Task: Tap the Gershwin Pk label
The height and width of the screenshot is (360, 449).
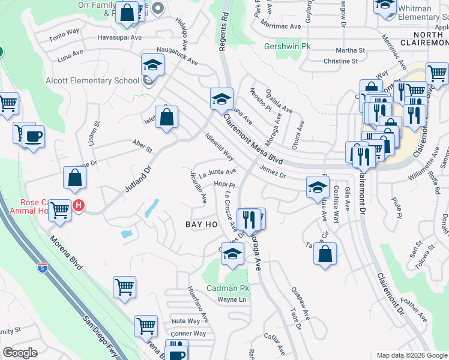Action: click(x=289, y=46)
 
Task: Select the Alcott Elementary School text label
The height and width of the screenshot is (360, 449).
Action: click(x=92, y=81)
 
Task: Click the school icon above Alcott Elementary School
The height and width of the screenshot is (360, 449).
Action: click(x=152, y=65)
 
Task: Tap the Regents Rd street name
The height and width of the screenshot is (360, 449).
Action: click(x=224, y=31)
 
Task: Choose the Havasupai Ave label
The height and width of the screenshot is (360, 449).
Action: click(x=120, y=37)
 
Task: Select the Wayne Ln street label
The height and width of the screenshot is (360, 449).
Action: click(x=232, y=299)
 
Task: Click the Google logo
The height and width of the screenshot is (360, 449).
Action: click(x=20, y=353)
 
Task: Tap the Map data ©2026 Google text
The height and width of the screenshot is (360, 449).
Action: click(x=412, y=355)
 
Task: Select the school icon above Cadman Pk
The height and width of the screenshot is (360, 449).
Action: click(x=232, y=254)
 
